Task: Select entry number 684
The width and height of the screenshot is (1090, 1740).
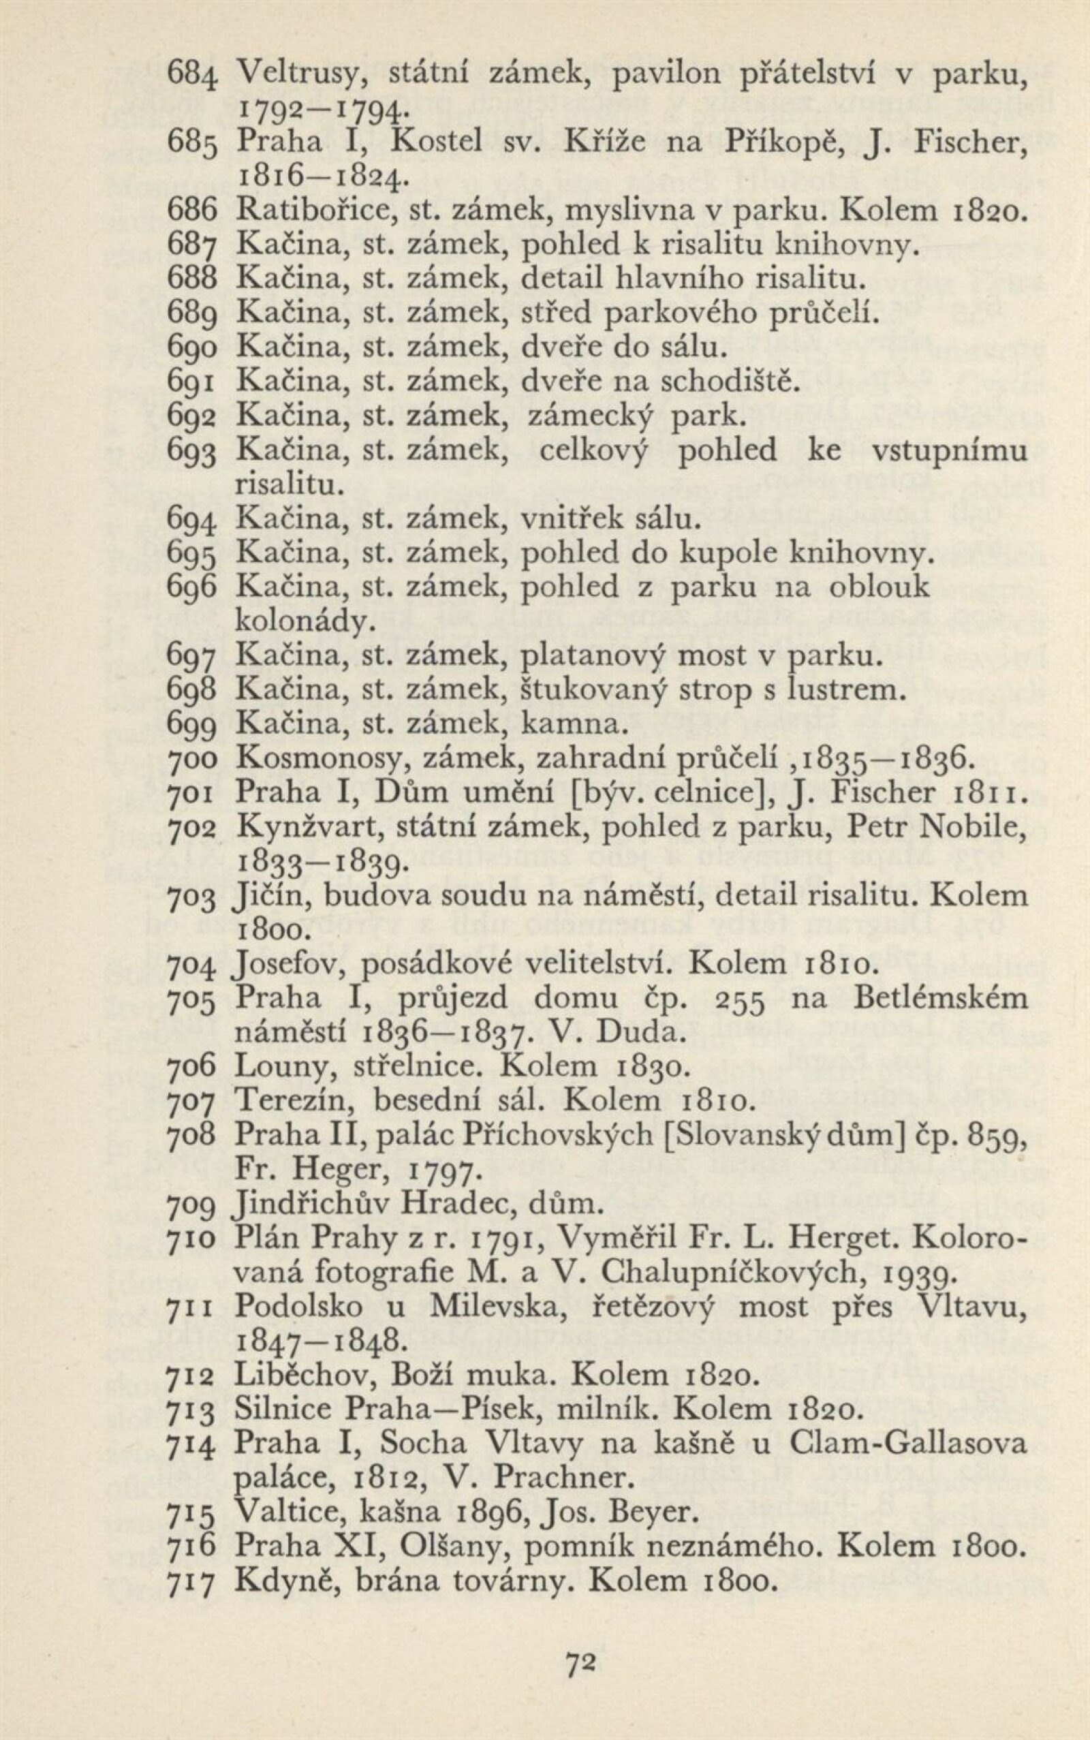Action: [x=191, y=74]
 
